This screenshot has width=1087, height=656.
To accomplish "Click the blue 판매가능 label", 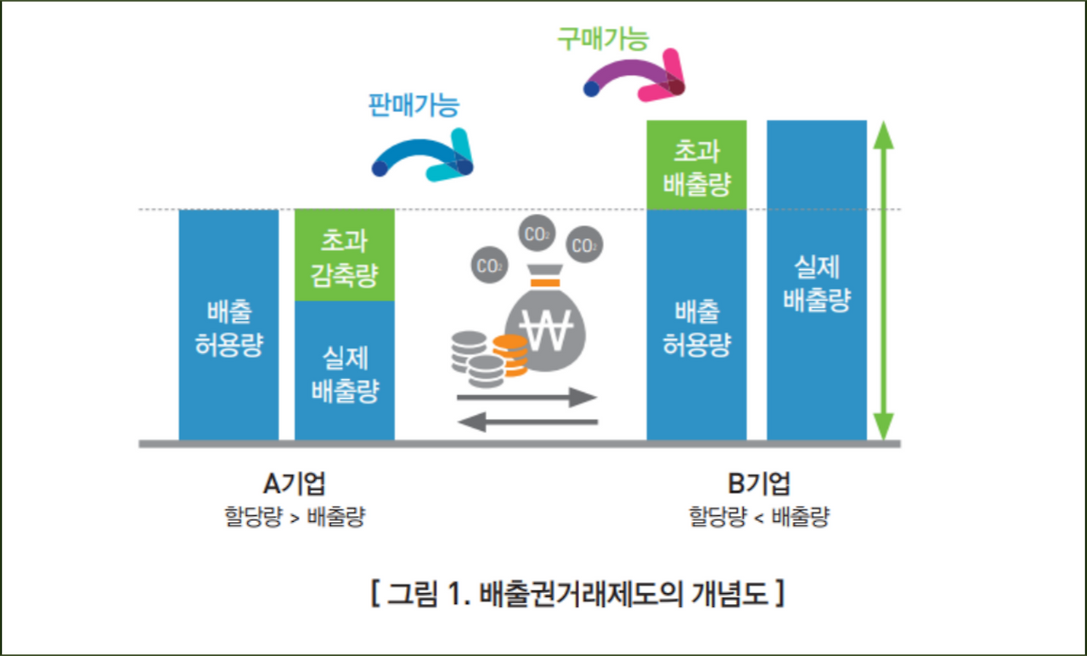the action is [x=414, y=104].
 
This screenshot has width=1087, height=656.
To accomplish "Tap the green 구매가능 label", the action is [x=603, y=38].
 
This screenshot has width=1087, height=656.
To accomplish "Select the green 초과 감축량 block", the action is [x=344, y=255].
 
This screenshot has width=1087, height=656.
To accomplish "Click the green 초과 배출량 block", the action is [x=696, y=165].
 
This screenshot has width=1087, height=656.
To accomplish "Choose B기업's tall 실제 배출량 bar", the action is [x=816, y=280].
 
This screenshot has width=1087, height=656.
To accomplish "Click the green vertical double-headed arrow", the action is [x=884, y=280].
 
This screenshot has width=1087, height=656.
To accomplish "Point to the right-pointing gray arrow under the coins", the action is [x=527, y=396].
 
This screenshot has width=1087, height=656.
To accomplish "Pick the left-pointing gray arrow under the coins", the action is [x=527, y=421].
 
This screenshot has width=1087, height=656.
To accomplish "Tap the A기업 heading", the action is [x=295, y=484].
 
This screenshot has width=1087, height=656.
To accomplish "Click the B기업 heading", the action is [x=758, y=484].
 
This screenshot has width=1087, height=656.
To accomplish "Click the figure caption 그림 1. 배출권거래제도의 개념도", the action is [x=577, y=592].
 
